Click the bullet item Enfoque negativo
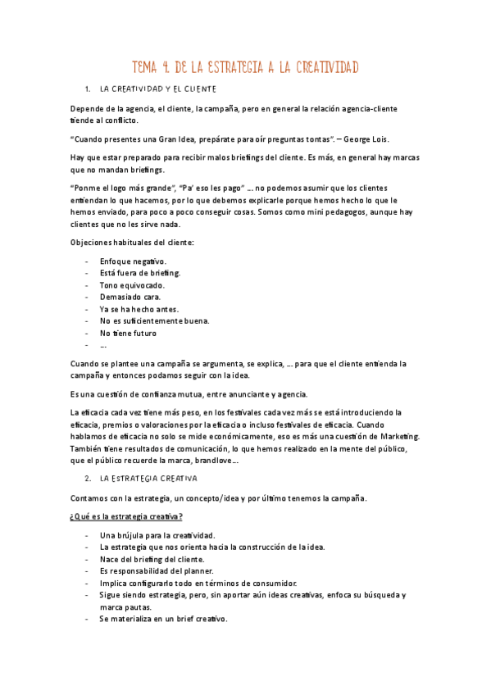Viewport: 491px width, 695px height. click(133, 261)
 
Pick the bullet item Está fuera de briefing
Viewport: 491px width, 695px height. click(140, 273)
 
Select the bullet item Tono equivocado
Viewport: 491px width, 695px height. click(132, 285)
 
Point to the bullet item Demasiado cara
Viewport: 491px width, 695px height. click(130, 297)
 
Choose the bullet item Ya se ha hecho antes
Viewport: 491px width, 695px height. click(139, 309)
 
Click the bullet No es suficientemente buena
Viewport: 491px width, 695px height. click(154, 321)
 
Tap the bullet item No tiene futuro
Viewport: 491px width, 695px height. click(128, 334)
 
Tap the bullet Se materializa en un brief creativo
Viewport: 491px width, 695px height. click(164, 620)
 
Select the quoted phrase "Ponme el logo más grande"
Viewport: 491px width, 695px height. click(122, 189)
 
